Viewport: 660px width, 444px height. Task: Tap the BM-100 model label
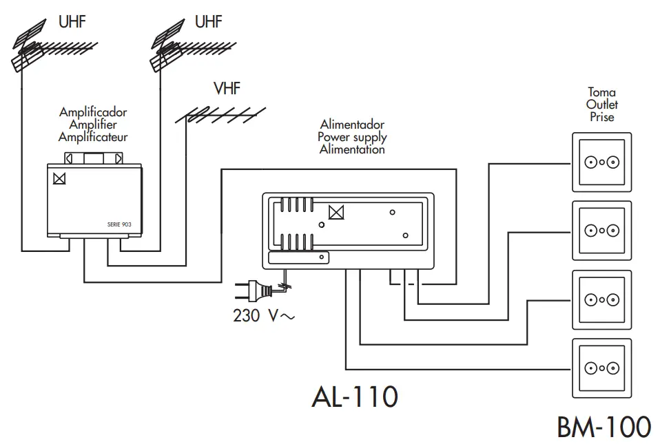pos(604,427)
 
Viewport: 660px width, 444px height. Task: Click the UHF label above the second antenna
pos(208,22)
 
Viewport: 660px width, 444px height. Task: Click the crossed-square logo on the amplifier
pos(59,178)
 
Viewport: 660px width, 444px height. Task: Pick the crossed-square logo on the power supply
pos(336,212)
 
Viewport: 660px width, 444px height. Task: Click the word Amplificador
pos(93,112)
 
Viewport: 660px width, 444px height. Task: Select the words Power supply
pos(352,137)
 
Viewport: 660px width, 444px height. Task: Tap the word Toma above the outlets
pos(601,92)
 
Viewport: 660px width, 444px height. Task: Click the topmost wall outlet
pos(601,162)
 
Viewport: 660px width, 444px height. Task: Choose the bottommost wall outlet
pos(601,368)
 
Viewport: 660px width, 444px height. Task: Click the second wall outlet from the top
pos(601,231)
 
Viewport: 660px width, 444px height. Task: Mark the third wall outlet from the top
pos(601,300)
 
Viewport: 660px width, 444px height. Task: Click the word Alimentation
pos(352,149)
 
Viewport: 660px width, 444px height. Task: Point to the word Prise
pos(601,118)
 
